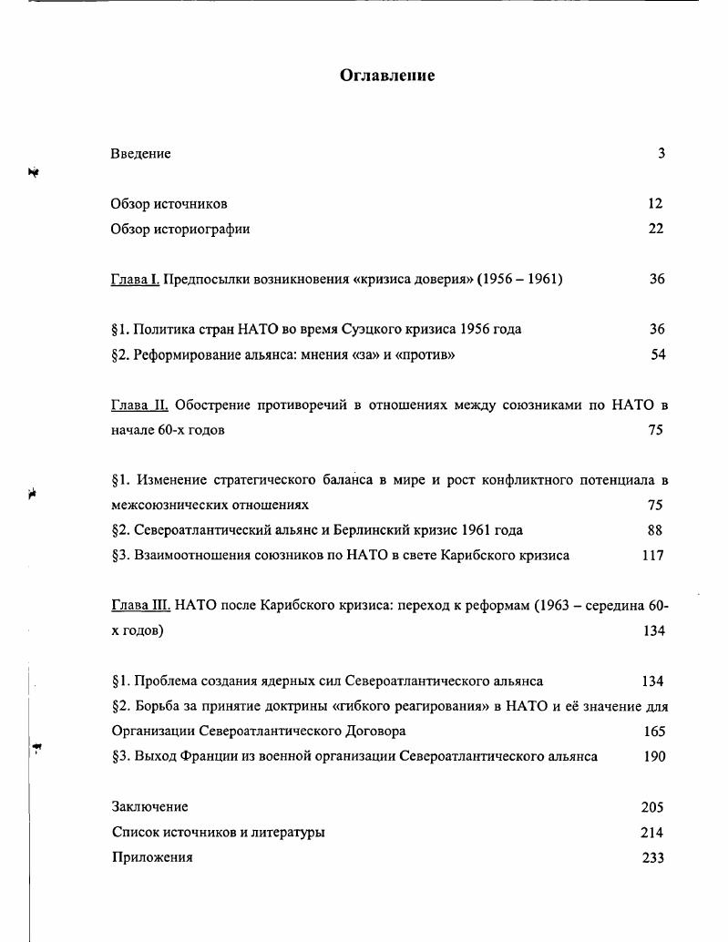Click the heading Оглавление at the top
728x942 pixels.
tap(387, 76)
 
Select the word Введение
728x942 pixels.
tap(140, 154)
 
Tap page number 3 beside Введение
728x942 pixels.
tap(661, 153)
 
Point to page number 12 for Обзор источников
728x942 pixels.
tap(655, 204)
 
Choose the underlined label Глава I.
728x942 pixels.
tap(135, 280)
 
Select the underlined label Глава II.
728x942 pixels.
tap(138, 404)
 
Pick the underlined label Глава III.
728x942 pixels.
tap(141, 606)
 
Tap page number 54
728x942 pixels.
tap(657, 355)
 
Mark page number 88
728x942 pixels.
tap(654, 530)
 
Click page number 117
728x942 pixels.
tap(652, 556)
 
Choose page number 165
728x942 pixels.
tap(653, 732)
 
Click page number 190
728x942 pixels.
tap(653, 757)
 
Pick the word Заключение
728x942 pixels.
tap(149, 807)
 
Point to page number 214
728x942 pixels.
tap(652, 833)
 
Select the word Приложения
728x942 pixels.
tap(151, 858)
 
